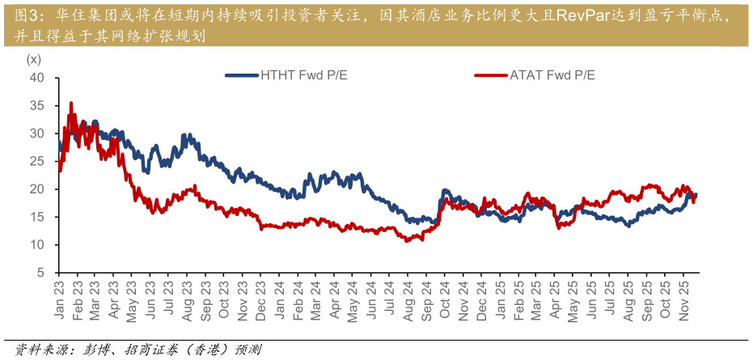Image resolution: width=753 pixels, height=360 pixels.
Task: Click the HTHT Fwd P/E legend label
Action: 298,75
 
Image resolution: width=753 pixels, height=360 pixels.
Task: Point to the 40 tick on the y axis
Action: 36,78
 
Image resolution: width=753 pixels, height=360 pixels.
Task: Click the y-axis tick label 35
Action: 36,106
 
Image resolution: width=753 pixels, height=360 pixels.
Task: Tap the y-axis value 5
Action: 40,273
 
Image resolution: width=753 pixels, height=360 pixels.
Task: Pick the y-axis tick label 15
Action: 36,218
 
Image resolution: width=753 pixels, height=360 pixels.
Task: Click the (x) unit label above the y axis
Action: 33,59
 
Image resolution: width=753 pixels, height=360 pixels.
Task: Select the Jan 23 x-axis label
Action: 59,300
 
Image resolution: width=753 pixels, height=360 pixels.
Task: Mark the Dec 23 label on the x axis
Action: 261,300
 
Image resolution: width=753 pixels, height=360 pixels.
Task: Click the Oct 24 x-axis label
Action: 444,300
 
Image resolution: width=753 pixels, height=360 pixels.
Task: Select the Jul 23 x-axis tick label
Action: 169,300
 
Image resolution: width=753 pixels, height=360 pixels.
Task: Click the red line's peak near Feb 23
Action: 71,104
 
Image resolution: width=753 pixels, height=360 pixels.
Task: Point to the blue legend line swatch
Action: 241,75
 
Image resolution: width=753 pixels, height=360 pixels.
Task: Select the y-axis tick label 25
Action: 36,162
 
